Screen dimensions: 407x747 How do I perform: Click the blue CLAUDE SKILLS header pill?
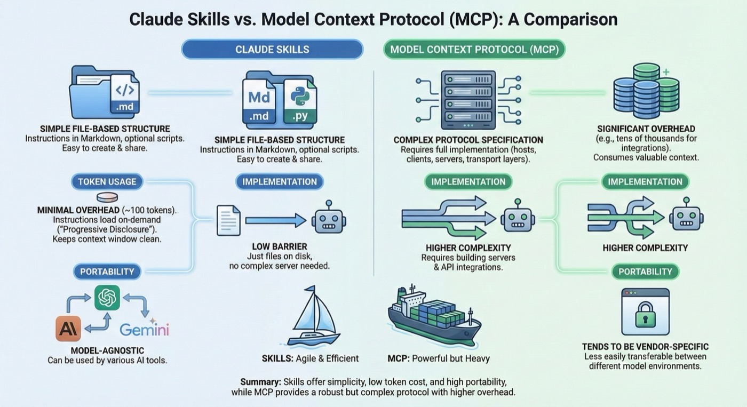[x=272, y=50]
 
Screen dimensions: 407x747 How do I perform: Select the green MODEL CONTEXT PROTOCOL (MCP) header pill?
[x=474, y=50]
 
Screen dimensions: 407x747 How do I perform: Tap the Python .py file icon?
[x=300, y=101]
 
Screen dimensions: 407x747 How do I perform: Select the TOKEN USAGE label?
[x=107, y=181]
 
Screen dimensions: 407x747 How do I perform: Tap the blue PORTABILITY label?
[x=107, y=272]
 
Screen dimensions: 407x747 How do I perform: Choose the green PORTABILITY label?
[x=645, y=272]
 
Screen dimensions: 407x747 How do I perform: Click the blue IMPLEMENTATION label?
[x=280, y=181]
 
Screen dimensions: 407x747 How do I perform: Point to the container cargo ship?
[x=433, y=317]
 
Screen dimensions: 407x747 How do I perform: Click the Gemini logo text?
[x=144, y=329]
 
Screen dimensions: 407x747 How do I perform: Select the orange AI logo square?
[x=68, y=329]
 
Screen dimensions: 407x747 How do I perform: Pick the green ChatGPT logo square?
[x=107, y=298]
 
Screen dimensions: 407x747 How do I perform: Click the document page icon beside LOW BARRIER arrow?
[x=228, y=220]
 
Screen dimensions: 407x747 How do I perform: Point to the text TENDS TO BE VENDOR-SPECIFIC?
[x=645, y=347]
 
